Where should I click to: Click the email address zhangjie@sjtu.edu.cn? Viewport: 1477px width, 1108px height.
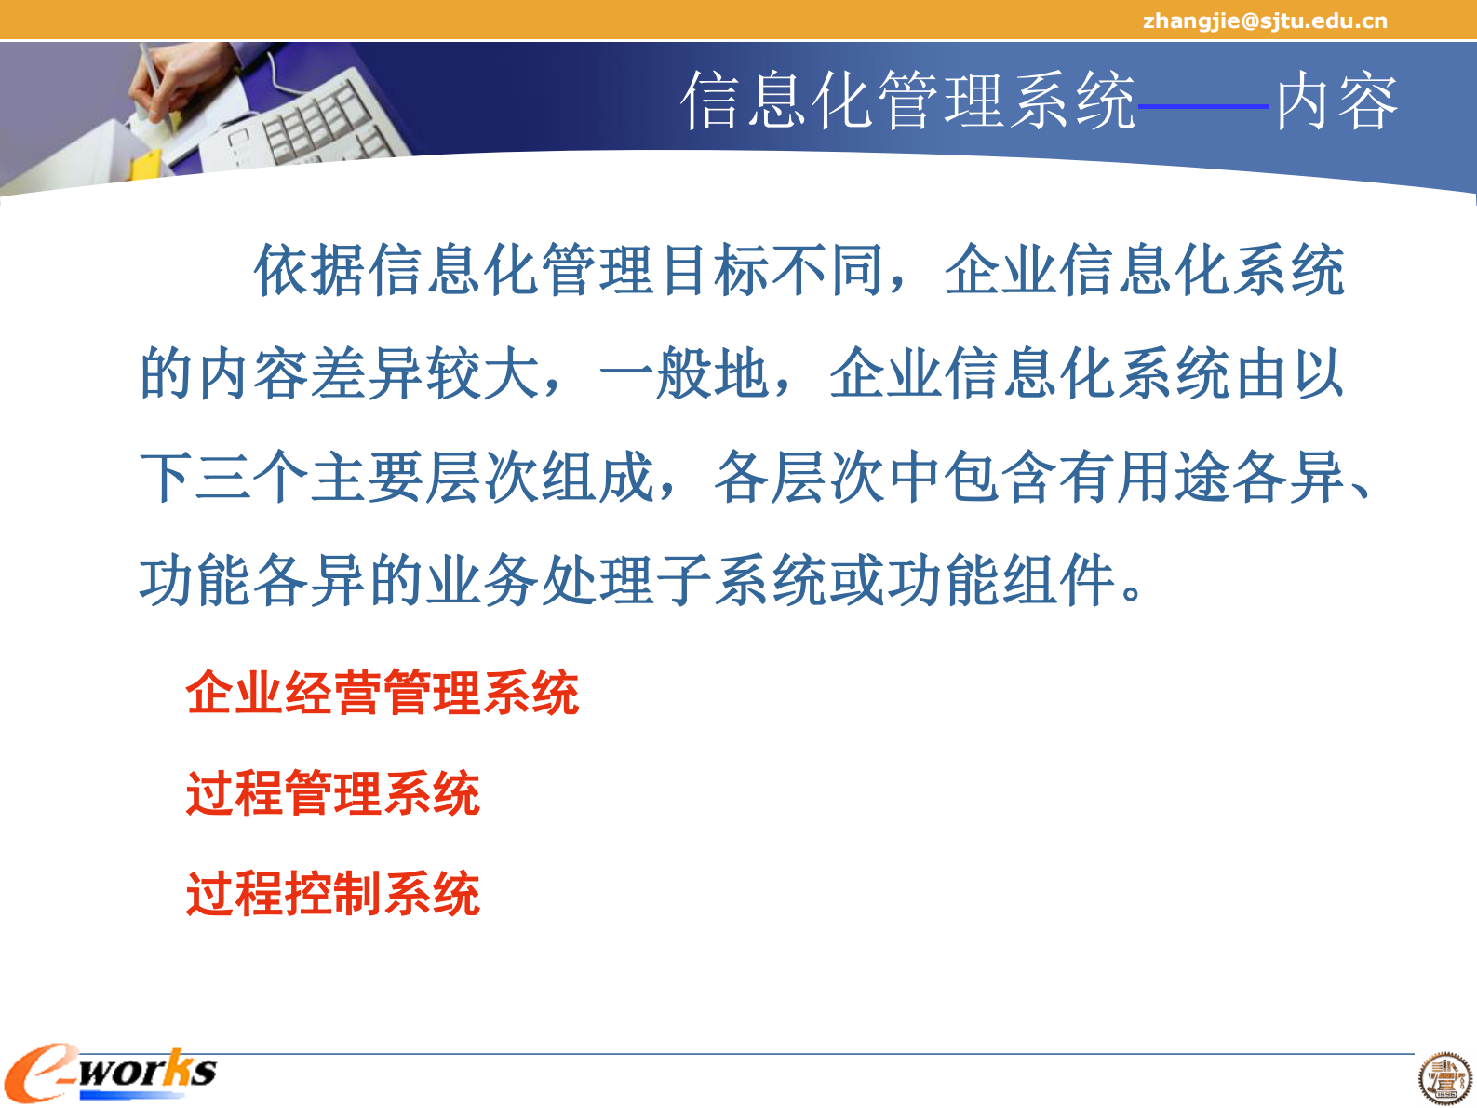pyautogui.click(x=1264, y=20)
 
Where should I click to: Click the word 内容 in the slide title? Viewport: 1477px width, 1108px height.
pyautogui.click(x=1336, y=101)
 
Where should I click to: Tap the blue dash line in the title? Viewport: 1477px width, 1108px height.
pyautogui.click(x=1203, y=106)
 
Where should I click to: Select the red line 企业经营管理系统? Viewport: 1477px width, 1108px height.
pyautogui.click(x=383, y=693)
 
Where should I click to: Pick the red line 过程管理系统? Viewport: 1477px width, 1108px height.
pyautogui.click(x=333, y=793)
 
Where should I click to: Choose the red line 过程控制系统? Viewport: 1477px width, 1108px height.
pyautogui.click(x=333, y=894)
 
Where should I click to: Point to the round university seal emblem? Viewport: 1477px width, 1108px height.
pyautogui.click(x=1444, y=1079)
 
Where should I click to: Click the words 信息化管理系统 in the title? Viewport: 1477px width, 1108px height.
pyautogui.click(x=907, y=101)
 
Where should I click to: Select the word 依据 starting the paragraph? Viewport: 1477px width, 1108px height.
pyautogui.click(x=311, y=271)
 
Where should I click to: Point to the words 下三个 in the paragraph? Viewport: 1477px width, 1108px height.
pyautogui.click(x=224, y=478)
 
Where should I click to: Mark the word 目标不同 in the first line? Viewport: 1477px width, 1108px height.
pyautogui.click(x=771, y=271)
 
